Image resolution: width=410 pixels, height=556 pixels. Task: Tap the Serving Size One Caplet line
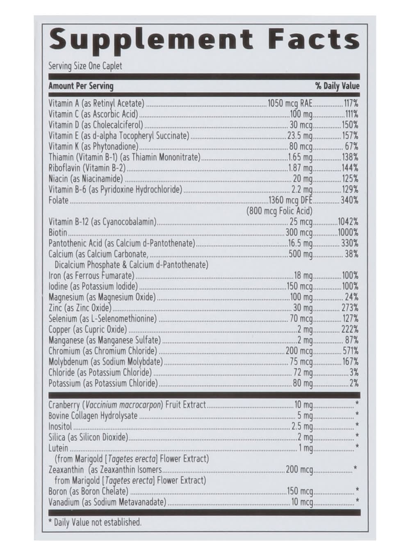[85, 66]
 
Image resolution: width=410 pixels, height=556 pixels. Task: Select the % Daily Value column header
[337, 86]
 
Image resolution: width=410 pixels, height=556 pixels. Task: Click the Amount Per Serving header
[81, 86]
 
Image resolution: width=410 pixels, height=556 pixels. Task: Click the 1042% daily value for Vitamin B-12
[348, 222]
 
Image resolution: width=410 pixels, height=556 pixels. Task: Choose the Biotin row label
[58, 232]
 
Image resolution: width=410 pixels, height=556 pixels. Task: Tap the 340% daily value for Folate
[349, 201]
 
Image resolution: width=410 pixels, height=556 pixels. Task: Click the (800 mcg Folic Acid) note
[279, 211]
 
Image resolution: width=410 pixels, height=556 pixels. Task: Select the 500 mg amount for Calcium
[301, 254]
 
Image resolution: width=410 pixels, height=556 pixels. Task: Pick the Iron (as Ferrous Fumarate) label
[91, 276]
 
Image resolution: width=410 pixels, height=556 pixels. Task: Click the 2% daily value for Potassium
[354, 383]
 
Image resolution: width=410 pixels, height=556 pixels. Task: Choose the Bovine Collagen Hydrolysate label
[93, 416]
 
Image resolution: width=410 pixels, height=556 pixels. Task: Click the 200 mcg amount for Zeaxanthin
[299, 469]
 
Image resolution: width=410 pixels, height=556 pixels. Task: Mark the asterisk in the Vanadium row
[358, 501]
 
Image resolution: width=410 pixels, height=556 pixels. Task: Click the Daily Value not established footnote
[95, 522]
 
